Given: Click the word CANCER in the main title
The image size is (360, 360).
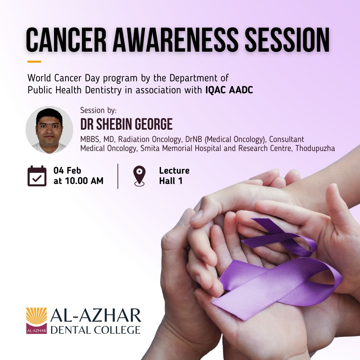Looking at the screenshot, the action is pyautogui.click(x=66, y=40).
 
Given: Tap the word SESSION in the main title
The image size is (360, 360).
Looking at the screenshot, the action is pyautogui.click(x=287, y=40).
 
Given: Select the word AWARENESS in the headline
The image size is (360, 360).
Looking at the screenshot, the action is pyautogui.click(x=175, y=40).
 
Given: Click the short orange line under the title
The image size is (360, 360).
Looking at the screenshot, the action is pyautogui.click(x=34, y=62).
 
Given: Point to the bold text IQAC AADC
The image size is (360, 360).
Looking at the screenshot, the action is pyautogui.click(x=229, y=90).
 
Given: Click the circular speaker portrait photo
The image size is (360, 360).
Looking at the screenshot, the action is pyautogui.click(x=49, y=130).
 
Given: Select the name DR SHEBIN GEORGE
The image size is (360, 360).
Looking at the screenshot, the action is pyautogui.click(x=126, y=124).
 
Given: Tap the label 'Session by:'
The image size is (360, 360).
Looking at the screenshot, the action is pyautogui.click(x=98, y=110).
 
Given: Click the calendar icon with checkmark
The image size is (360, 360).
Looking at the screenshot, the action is pyautogui.click(x=37, y=176).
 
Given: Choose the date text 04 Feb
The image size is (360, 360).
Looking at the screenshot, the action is pyautogui.click(x=67, y=171).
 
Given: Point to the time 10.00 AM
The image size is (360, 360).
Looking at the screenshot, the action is pyautogui.click(x=84, y=181).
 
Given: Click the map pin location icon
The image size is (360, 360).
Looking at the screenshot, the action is pyautogui.click(x=139, y=176).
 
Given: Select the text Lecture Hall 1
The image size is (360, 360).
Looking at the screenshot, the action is pyautogui.click(x=174, y=176).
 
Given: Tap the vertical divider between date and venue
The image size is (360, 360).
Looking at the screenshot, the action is pyautogui.click(x=118, y=176).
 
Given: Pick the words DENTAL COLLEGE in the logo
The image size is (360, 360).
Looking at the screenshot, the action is pyautogui.click(x=96, y=330).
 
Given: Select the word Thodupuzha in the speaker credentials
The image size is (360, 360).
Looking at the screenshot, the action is pyautogui.click(x=315, y=149).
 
